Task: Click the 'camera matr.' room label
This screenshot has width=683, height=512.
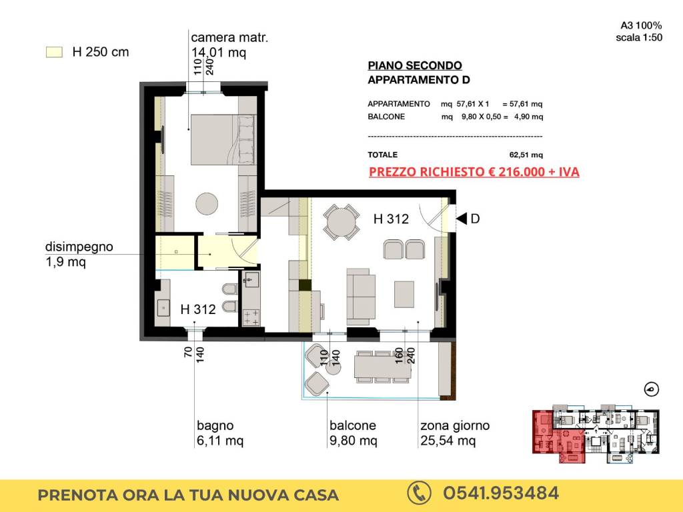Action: click(x=229, y=38)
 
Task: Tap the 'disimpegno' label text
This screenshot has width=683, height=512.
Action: click(x=79, y=247)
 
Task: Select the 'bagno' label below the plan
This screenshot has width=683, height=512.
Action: click(x=215, y=425)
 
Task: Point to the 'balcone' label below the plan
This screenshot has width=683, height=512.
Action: click(x=352, y=425)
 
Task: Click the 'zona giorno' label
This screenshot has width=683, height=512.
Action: click(x=455, y=425)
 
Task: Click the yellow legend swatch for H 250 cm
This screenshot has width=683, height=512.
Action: click(x=55, y=52)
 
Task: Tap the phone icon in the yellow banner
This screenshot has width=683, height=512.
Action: click(x=419, y=493)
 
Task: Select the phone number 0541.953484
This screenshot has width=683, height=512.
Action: click(x=501, y=493)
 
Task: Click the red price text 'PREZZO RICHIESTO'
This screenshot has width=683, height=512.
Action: click(x=426, y=172)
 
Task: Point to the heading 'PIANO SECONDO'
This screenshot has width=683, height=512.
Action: click(x=415, y=66)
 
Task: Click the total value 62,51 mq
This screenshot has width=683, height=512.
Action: click(x=526, y=155)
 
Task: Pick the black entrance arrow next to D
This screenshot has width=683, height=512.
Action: click(x=462, y=219)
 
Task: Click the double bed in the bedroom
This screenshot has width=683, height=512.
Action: click(x=223, y=140)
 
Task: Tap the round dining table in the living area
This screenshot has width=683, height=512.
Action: click(x=341, y=223)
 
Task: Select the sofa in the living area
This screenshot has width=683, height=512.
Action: click(x=361, y=297)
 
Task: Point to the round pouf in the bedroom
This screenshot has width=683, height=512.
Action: click(x=207, y=204)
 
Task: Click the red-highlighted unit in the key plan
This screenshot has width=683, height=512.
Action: click(x=558, y=435)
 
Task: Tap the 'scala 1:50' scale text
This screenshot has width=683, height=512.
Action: click(x=639, y=37)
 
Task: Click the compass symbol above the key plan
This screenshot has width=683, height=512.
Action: click(x=652, y=389)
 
